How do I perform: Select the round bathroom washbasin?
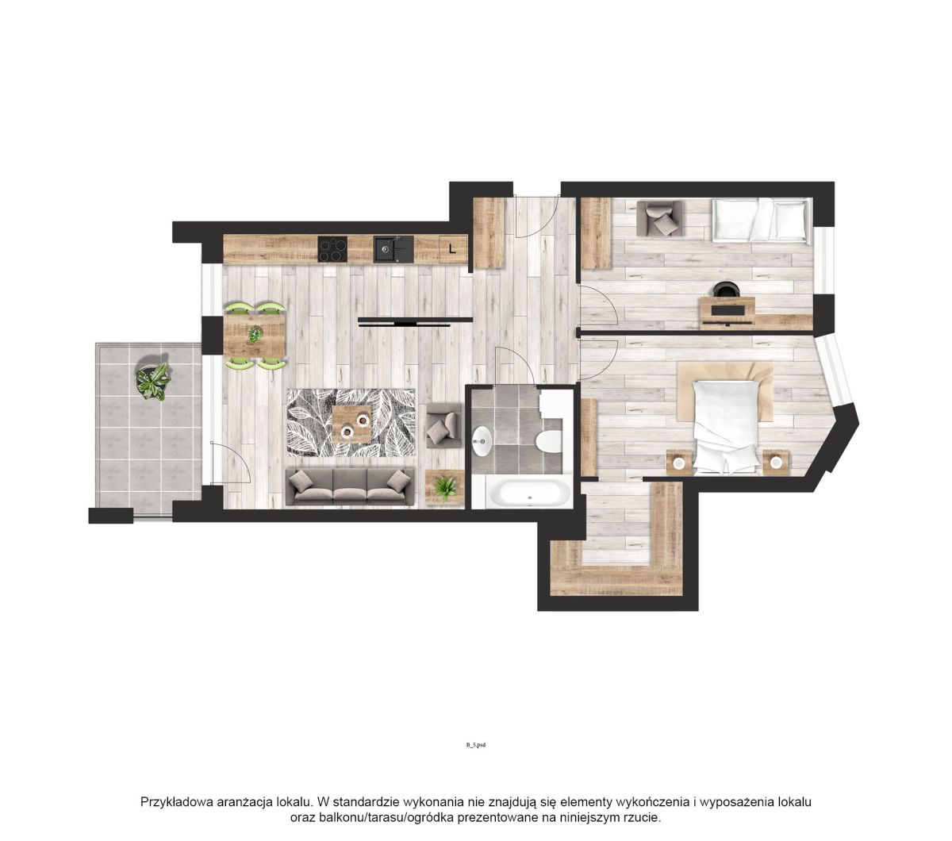pyautogui.click(x=482, y=441)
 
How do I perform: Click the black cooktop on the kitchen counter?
pyautogui.click(x=332, y=249)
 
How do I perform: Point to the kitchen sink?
pyautogui.click(x=393, y=249)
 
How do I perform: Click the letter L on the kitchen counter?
pyautogui.click(x=452, y=248)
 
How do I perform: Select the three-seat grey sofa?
pyautogui.click(x=350, y=486)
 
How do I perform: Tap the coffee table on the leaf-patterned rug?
pyautogui.click(x=351, y=423)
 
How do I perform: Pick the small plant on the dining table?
pyautogui.click(x=255, y=335)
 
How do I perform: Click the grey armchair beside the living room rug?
pyautogui.click(x=443, y=425)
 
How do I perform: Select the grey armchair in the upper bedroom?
pyautogui.click(x=659, y=218)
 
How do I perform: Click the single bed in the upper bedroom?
pyautogui.click(x=762, y=220)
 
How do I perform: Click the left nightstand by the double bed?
pyautogui.click(x=679, y=463)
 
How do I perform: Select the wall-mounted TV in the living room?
pyautogui.click(x=415, y=321)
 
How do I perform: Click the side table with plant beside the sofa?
pyautogui.click(x=444, y=488)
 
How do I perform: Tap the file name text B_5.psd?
pyautogui.click(x=475, y=745)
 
